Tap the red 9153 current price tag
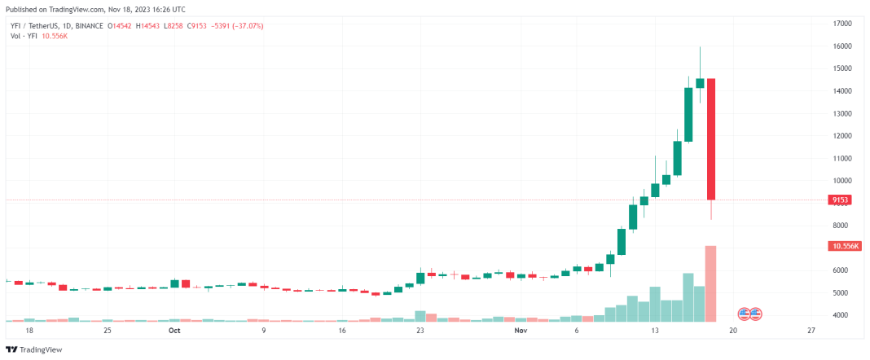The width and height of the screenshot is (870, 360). [x=840, y=200]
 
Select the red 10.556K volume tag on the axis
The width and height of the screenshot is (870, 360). [x=844, y=245]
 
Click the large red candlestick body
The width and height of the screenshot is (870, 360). [x=710, y=138]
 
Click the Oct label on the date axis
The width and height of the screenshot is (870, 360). [x=174, y=331]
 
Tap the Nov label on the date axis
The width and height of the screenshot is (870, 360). [x=521, y=331]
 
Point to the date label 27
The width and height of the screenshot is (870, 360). [x=811, y=331]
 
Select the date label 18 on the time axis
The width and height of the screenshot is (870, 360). [x=29, y=331]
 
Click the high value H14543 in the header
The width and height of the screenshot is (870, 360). [x=147, y=26]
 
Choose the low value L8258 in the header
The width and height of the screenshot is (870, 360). [x=174, y=26]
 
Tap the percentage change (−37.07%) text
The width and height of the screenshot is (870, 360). [x=247, y=26]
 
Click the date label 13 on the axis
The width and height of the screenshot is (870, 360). [x=654, y=331]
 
